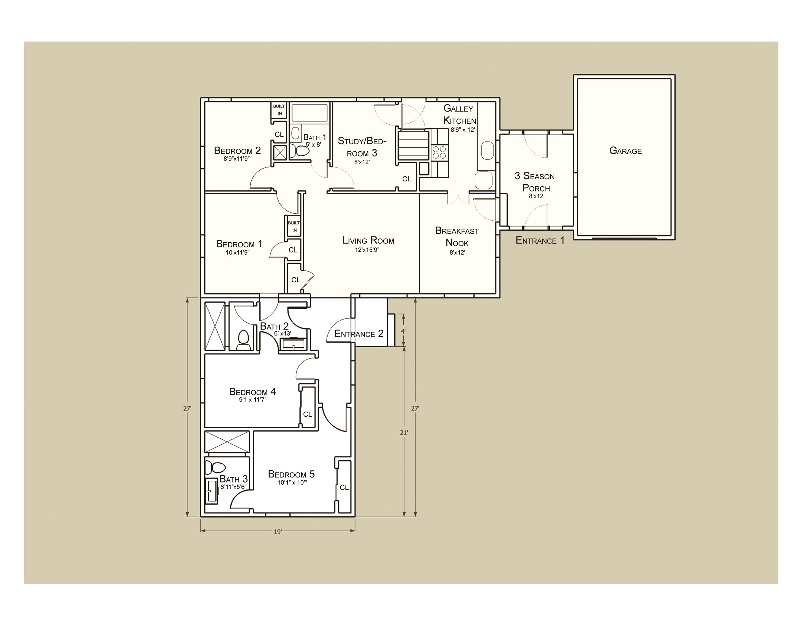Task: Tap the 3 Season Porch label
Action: point(535,182)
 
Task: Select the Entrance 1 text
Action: point(539,240)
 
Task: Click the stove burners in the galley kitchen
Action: point(439,152)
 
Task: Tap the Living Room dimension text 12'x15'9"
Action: point(367,250)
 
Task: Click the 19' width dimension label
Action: point(278,532)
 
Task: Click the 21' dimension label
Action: point(404,433)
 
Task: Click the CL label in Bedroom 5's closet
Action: point(344,487)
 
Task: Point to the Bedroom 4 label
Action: point(252,392)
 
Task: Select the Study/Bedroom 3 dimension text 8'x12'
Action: point(362,162)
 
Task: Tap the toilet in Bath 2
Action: point(243,340)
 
